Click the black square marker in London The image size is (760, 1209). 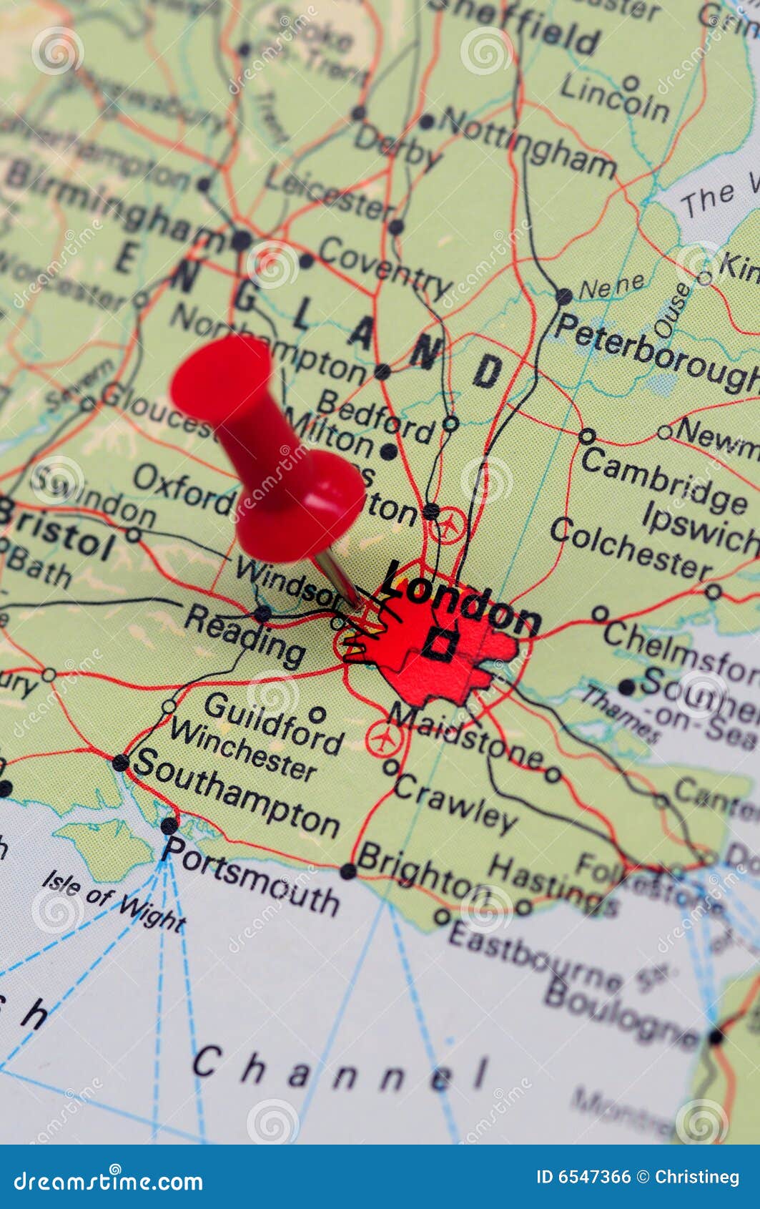(439, 644)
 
